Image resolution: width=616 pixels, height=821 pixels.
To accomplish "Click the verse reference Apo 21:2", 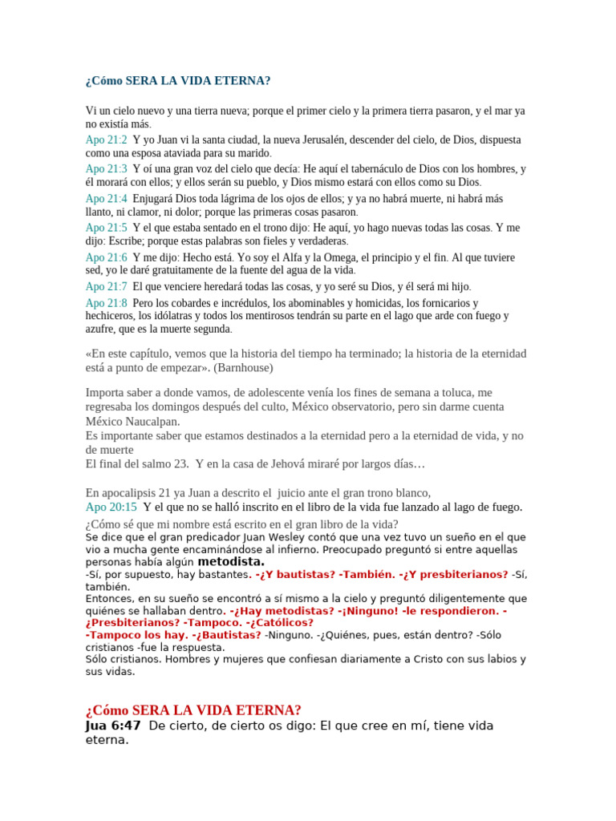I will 106,140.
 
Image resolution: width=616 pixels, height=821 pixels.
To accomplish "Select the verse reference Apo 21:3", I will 106,169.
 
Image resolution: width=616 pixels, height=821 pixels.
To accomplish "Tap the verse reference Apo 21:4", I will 106,199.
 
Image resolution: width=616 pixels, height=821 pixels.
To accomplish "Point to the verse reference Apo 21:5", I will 106,228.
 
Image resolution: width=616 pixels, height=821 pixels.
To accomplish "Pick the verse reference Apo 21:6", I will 106,257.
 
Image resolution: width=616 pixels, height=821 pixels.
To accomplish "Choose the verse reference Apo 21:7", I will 106,286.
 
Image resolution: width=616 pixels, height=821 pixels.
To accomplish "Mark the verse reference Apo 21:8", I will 106,303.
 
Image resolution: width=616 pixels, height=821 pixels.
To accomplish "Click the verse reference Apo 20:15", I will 111,507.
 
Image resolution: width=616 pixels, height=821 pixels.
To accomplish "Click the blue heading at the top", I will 177,82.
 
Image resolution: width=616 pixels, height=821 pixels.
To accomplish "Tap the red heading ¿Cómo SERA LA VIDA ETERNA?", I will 192,710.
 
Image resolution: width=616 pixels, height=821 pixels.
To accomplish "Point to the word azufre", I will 102,329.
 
